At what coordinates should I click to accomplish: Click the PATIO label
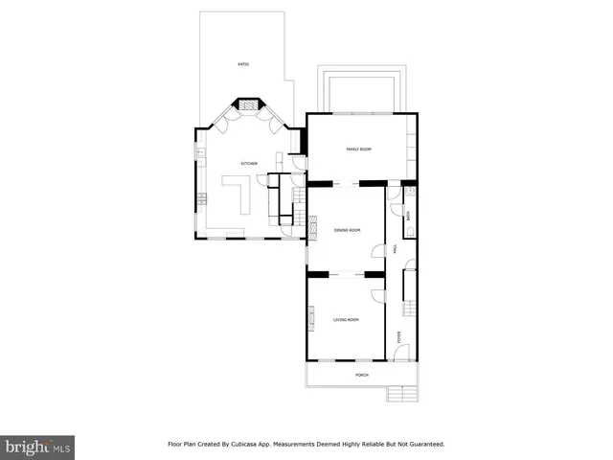pos(243,64)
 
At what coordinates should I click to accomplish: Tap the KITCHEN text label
pos(249,165)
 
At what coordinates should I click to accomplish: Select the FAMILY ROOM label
pos(358,149)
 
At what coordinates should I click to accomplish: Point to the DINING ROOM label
pos(347,230)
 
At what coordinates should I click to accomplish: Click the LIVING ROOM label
pos(346,319)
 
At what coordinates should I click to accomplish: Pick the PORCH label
pos(361,375)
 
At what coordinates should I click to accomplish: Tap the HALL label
pos(395,248)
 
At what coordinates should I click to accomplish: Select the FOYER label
pos(399,335)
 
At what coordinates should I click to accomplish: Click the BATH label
pos(409,216)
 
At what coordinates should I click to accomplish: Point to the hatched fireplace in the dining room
pos(311,226)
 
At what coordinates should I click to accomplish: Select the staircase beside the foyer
pos(410,308)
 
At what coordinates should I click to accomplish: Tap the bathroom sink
pos(409,202)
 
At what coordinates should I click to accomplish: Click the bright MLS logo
pos(37,446)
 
